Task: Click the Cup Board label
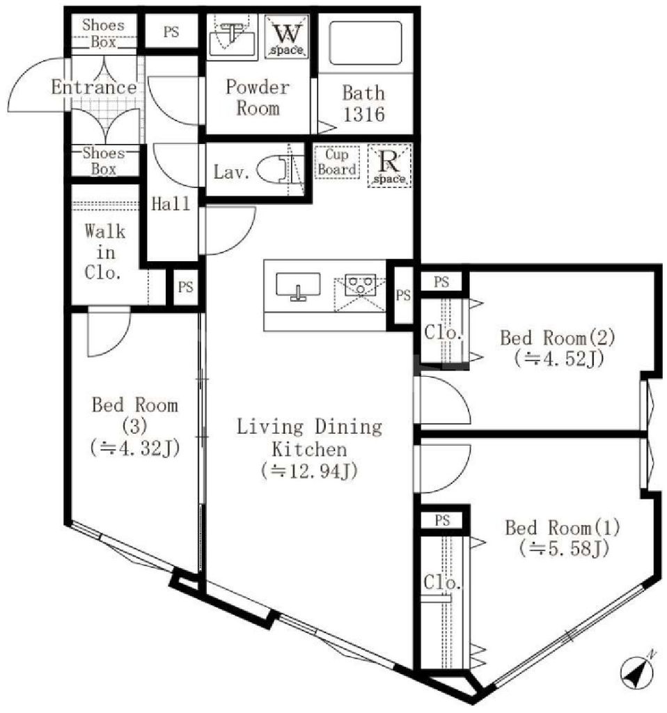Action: [x=338, y=162]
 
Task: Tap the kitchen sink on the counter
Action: [x=299, y=285]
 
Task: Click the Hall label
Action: [x=171, y=204]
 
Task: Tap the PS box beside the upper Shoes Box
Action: [x=171, y=32]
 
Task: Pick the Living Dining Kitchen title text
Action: [x=309, y=437]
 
